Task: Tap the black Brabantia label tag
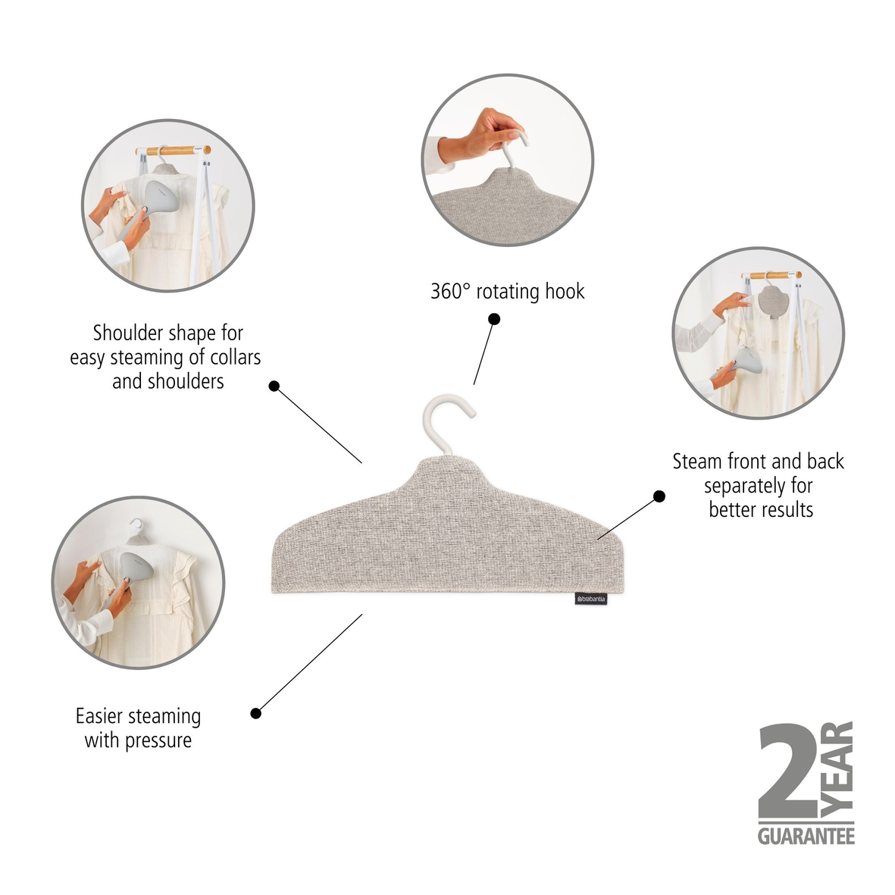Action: click(x=591, y=599)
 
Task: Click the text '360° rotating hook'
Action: click(x=507, y=291)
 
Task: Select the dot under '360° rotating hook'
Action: click(x=493, y=319)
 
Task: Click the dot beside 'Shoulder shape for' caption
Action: click(x=274, y=386)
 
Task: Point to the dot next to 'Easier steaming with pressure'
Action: click(x=256, y=713)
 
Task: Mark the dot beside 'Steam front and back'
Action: click(x=659, y=496)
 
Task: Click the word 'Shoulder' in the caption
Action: click(x=127, y=333)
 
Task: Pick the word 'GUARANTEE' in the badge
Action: click(x=806, y=836)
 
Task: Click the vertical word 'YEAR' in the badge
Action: click(x=838, y=769)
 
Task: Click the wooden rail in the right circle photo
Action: click(x=775, y=275)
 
